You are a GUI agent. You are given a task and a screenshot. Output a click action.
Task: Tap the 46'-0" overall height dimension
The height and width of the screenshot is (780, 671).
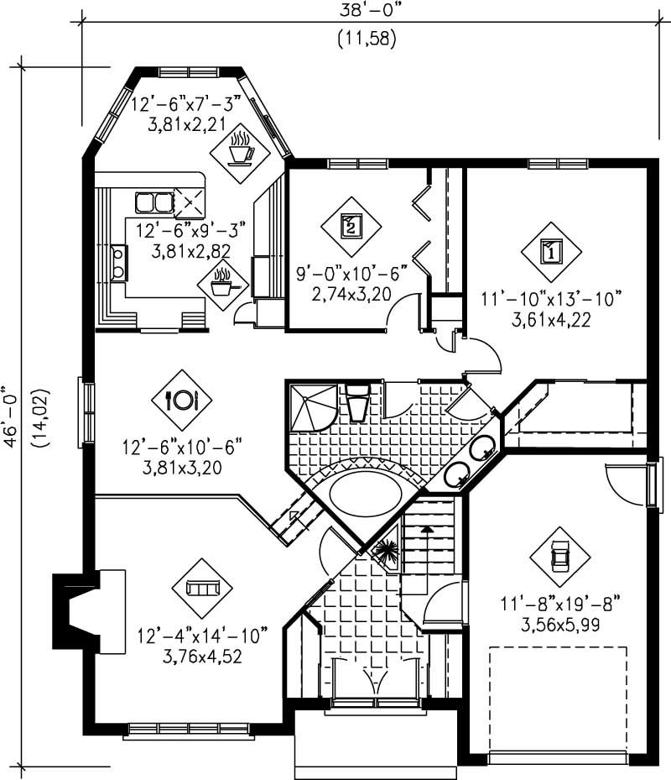coord(10,416)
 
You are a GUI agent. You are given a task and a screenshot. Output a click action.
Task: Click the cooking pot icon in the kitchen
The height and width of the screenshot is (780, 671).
coord(223,283)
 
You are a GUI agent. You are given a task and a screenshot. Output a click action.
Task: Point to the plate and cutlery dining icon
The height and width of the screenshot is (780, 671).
coord(182,400)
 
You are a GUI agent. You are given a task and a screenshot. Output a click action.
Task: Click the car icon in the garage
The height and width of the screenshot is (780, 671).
coord(559,557)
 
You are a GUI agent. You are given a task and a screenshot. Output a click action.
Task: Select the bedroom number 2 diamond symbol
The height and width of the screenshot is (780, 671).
coord(351,225)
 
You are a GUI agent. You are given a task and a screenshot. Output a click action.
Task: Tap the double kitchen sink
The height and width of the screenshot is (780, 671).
coord(153,202)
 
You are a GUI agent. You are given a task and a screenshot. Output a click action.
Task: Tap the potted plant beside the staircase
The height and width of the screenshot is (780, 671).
coord(387,552)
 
